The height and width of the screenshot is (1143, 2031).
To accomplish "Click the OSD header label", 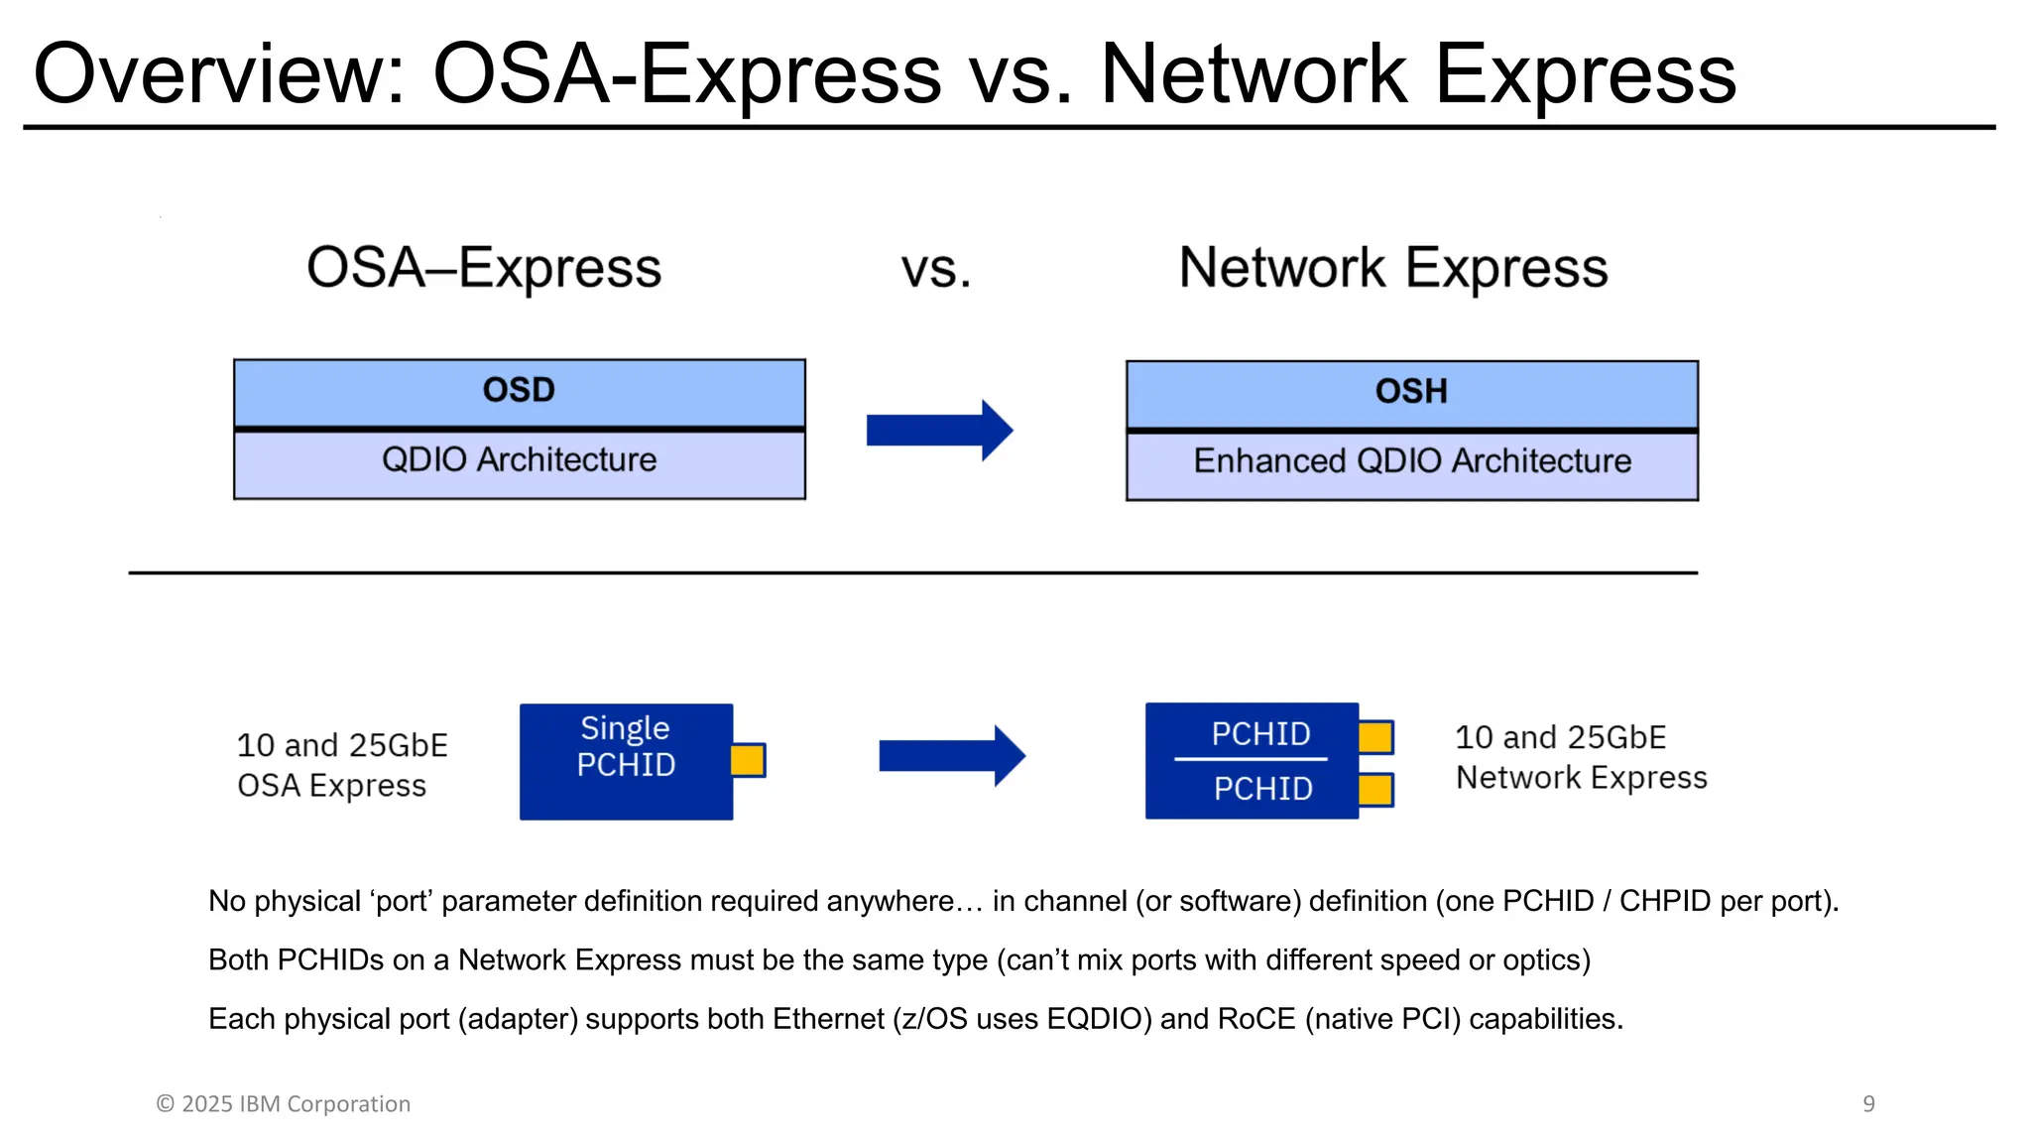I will pyautogui.click(x=519, y=390).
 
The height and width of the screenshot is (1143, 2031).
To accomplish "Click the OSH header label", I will pyautogui.click(x=1411, y=392).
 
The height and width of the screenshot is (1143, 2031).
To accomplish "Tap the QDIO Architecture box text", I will pyautogui.click(x=519, y=460).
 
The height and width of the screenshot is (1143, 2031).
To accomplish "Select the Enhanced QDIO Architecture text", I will pyautogui.click(x=1411, y=461).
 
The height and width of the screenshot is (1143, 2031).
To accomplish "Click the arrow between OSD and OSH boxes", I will pyautogui.click(x=938, y=430).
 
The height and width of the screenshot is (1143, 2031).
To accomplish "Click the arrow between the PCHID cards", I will pyautogui.click(x=951, y=756).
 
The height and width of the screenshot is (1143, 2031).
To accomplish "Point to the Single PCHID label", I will pyautogui.click(x=626, y=746).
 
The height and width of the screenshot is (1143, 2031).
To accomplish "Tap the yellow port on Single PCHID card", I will pyautogui.click(x=748, y=760).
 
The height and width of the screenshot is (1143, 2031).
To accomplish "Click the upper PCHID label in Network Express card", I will pyautogui.click(x=1260, y=734).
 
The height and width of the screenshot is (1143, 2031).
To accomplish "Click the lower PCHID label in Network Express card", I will pyautogui.click(x=1262, y=789).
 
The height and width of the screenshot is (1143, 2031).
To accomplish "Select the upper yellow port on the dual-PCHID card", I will pyautogui.click(x=1375, y=737).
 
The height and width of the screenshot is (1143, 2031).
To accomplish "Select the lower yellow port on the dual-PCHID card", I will pyautogui.click(x=1375, y=790).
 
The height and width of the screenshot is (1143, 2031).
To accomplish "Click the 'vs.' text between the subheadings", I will pyautogui.click(x=935, y=270).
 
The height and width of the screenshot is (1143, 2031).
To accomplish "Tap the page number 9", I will pyautogui.click(x=1868, y=1103).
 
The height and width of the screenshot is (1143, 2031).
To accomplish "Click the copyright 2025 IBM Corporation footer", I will pyautogui.click(x=284, y=1103).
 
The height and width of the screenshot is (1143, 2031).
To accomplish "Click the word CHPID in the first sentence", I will pyautogui.click(x=1665, y=901).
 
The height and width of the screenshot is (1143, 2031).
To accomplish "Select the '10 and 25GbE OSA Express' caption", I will pyautogui.click(x=341, y=765).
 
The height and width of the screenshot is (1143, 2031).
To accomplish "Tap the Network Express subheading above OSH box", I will pyautogui.click(x=1392, y=269).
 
